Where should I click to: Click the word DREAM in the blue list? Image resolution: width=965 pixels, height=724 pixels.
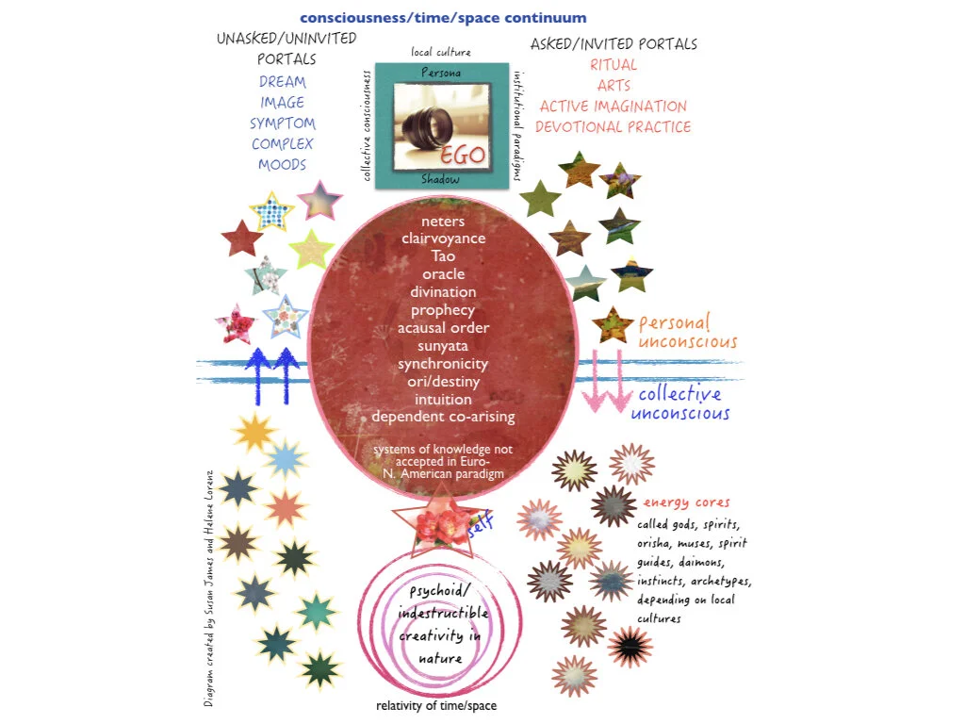282,82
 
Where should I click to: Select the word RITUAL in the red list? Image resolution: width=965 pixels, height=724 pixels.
613,65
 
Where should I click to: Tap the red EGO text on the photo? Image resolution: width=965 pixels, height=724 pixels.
463,154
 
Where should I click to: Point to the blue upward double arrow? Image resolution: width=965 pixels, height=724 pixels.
272,372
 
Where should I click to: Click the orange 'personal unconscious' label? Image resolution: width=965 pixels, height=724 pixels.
687,332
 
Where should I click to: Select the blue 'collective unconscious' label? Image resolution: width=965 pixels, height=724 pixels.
683,403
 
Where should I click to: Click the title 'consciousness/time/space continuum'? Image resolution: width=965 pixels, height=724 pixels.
443,18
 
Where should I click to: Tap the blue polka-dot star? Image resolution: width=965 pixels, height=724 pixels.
272,212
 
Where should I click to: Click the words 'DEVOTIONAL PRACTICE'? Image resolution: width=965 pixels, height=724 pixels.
613,127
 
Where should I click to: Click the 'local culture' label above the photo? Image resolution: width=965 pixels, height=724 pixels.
440,52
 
